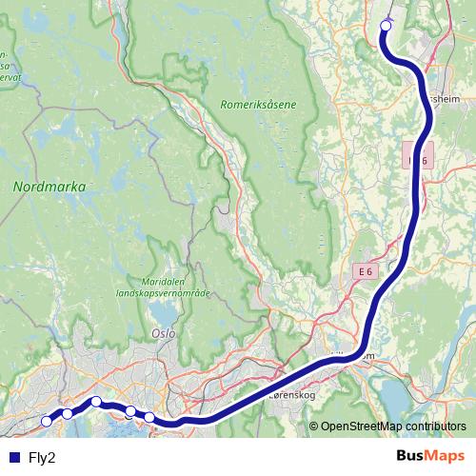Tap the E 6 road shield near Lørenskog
pos(366,272)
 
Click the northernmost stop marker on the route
pos(386,26)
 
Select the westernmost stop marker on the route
pos(47,420)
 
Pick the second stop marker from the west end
pos(68,413)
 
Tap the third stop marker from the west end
pos(96,401)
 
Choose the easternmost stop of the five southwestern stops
pos(149,417)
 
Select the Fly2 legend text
pos(42,457)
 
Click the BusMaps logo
pos(430,456)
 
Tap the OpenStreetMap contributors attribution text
pos(393,426)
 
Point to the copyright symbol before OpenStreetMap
pos(313,426)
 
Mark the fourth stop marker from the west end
pos(129,411)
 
